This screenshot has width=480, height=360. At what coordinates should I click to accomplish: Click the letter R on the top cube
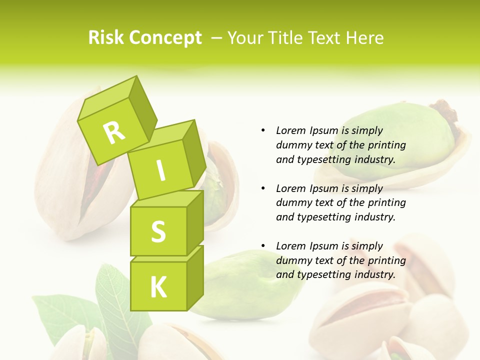point(114,133)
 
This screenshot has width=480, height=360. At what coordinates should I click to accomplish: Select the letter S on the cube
point(158,231)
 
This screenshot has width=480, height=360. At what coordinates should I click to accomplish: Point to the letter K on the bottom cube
point(158,287)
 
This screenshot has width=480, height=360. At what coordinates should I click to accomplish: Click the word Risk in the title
point(105,38)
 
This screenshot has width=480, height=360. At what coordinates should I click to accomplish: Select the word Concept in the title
point(164,38)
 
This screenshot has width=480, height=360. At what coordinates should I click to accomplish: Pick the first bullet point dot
point(263,130)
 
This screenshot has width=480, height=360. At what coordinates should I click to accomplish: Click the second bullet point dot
point(263,188)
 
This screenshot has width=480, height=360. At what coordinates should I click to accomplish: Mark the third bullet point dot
point(263,246)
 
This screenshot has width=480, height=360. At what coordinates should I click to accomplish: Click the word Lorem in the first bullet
point(291,130)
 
